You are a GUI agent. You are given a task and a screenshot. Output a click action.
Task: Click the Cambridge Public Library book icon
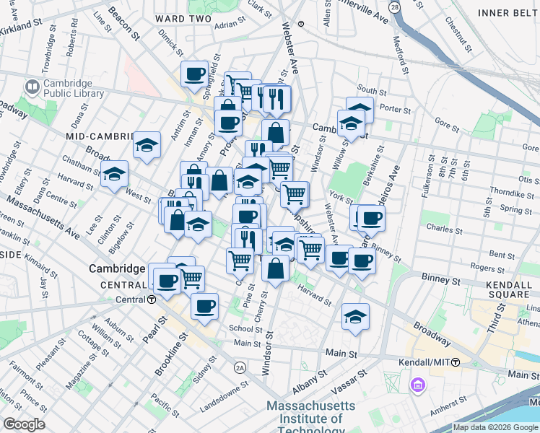32,87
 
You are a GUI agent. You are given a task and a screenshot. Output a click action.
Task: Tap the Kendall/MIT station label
425,362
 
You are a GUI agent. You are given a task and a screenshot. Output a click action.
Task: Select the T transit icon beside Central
152,299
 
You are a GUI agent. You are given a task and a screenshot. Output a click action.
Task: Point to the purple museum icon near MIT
417,386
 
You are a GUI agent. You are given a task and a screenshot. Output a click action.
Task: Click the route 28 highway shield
393,6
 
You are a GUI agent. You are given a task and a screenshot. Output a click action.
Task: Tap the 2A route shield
240,367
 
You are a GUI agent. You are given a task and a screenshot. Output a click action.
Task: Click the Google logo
24,424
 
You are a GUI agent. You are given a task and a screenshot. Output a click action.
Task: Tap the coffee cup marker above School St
204,306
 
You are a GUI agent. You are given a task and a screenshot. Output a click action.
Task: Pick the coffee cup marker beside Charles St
371,218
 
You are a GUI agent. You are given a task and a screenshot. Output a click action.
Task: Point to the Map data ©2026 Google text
495,427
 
